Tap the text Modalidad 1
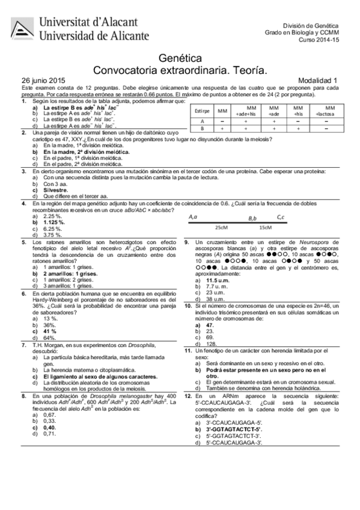pyautogui.click(x=318, y=80)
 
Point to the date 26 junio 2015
pyautogui.click(x=43, y=80)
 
